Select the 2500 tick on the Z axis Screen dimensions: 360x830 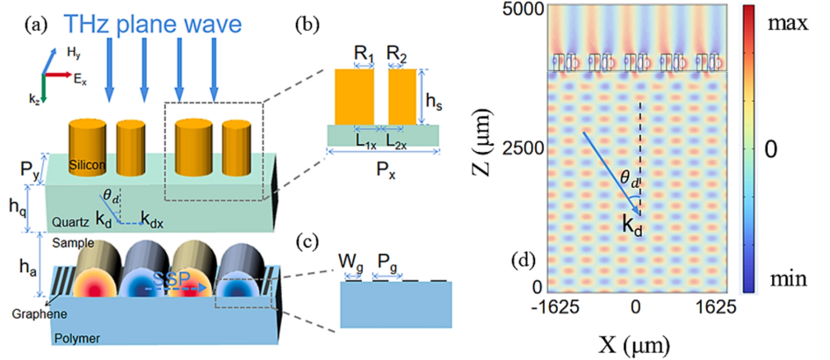click(x=520, y=148)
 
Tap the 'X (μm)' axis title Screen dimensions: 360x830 click(x=634, y=339)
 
